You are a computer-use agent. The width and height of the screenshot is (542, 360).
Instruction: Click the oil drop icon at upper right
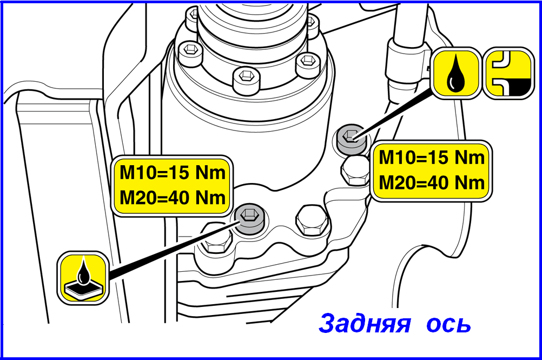tap(456, 73)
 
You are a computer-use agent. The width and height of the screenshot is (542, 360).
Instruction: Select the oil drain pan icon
tap(83, 278)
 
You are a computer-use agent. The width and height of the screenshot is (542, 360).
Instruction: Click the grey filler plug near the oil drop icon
tap(351, 139)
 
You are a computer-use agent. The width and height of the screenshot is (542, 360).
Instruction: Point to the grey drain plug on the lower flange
tap(249, 219)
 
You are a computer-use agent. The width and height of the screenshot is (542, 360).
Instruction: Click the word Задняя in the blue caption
tap(365, 323)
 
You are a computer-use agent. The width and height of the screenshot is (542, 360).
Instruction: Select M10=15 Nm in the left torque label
tap(173, 173)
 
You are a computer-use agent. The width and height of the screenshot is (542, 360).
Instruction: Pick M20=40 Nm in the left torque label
tap(173, 198)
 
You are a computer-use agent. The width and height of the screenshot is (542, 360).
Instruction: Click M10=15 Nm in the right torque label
tap(432, 158)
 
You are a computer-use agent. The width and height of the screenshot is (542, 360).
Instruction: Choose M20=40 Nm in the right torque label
tap(432, 182)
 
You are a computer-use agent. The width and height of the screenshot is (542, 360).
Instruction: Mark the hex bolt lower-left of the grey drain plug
tap(216, 239)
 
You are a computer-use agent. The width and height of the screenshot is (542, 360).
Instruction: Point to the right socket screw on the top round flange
tap(307, 64)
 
